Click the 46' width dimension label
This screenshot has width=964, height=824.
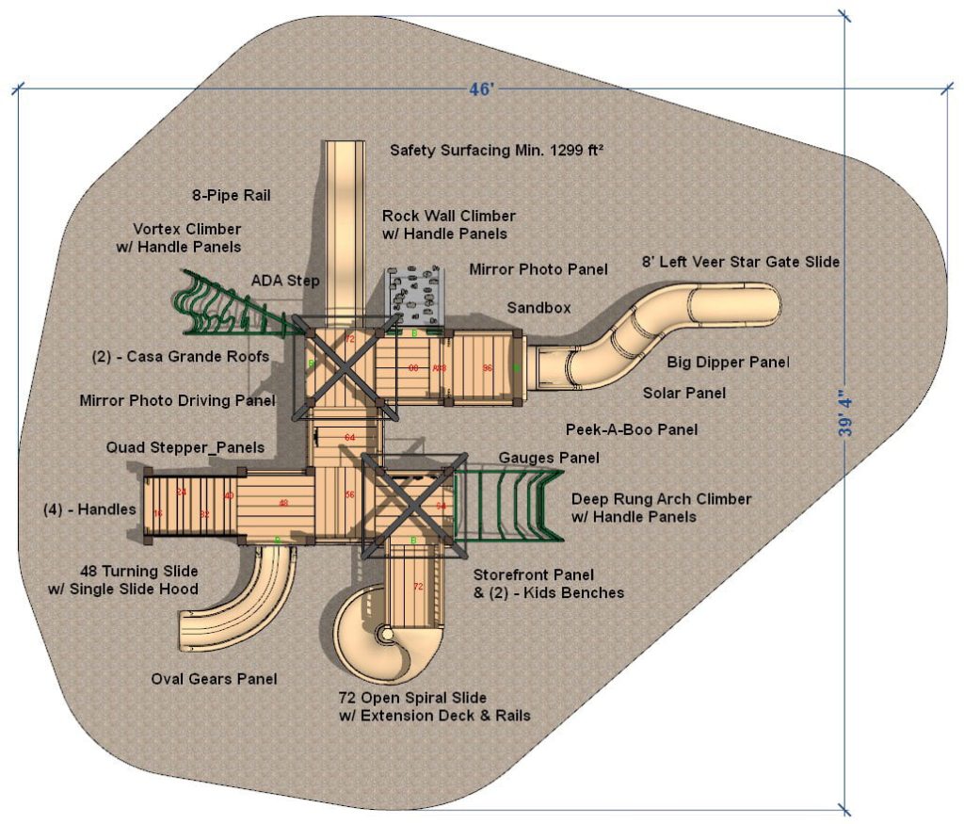coord(482,89)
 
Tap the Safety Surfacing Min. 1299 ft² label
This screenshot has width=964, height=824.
coord(496,150)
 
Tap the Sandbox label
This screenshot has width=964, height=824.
coord(538,308)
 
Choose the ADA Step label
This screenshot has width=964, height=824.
coord(285,281)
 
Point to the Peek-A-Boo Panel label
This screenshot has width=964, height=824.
coord(632,429)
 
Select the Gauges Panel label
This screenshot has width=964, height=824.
coord(549,458)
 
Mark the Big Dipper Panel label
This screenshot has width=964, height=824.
coord(728,362)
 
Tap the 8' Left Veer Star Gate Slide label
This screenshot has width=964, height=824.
coord(740,261)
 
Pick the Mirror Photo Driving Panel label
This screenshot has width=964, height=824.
coord(177,400)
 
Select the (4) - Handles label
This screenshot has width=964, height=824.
coord(90,509)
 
